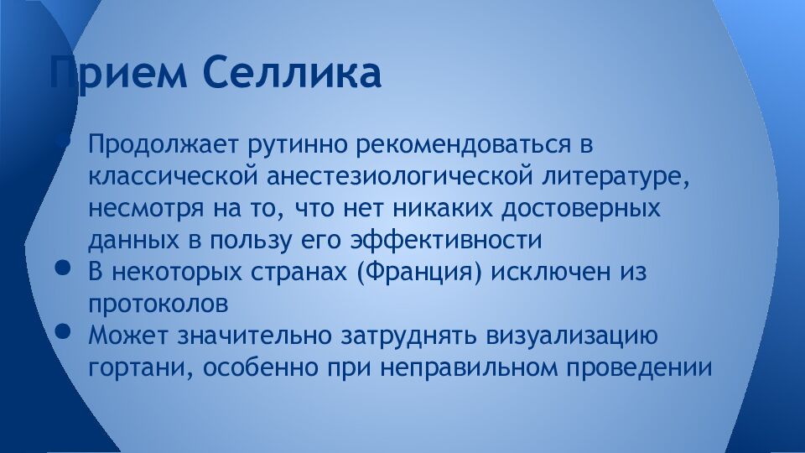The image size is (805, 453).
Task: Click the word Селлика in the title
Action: (292, 73)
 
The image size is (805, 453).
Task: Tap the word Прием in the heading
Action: (117, 73)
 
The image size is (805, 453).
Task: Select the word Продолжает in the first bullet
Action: (164, 144)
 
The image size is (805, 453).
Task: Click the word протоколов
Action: (158, 304)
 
